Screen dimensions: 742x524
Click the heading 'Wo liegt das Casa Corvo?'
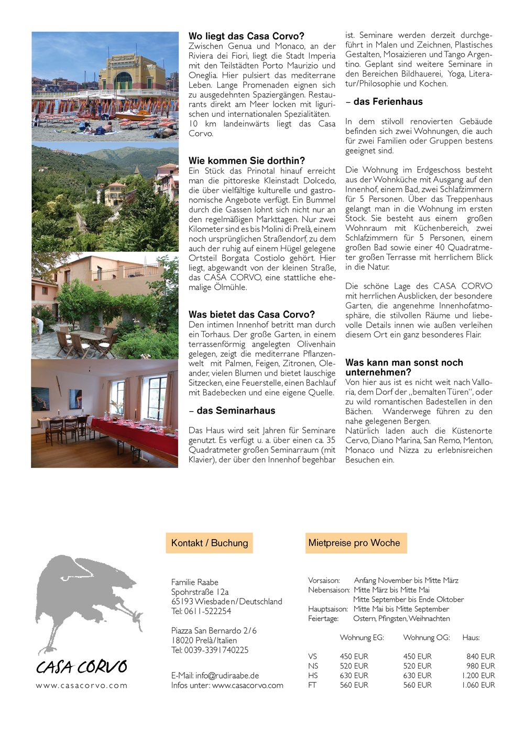(x=246, y=36)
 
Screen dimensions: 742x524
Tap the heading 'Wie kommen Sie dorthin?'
(x=247, y=161)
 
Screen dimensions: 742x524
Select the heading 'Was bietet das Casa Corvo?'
(x=252, y=315)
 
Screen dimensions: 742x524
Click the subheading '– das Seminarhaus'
(x=232, y=411)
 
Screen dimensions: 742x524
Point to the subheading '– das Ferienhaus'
(x=384, y=102)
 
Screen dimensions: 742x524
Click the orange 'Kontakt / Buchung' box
(x=210, y=543)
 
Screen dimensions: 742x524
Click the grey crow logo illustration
(x=84, y=598)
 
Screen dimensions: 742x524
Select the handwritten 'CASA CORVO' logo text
(x=82, y=666)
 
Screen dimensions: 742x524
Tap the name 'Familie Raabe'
(x=195, y=582)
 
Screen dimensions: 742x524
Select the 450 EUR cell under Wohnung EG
(x=354, y=657)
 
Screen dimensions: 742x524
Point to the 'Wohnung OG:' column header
(x=427, y=638)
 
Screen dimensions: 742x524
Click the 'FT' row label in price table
(x=312, y=685)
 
